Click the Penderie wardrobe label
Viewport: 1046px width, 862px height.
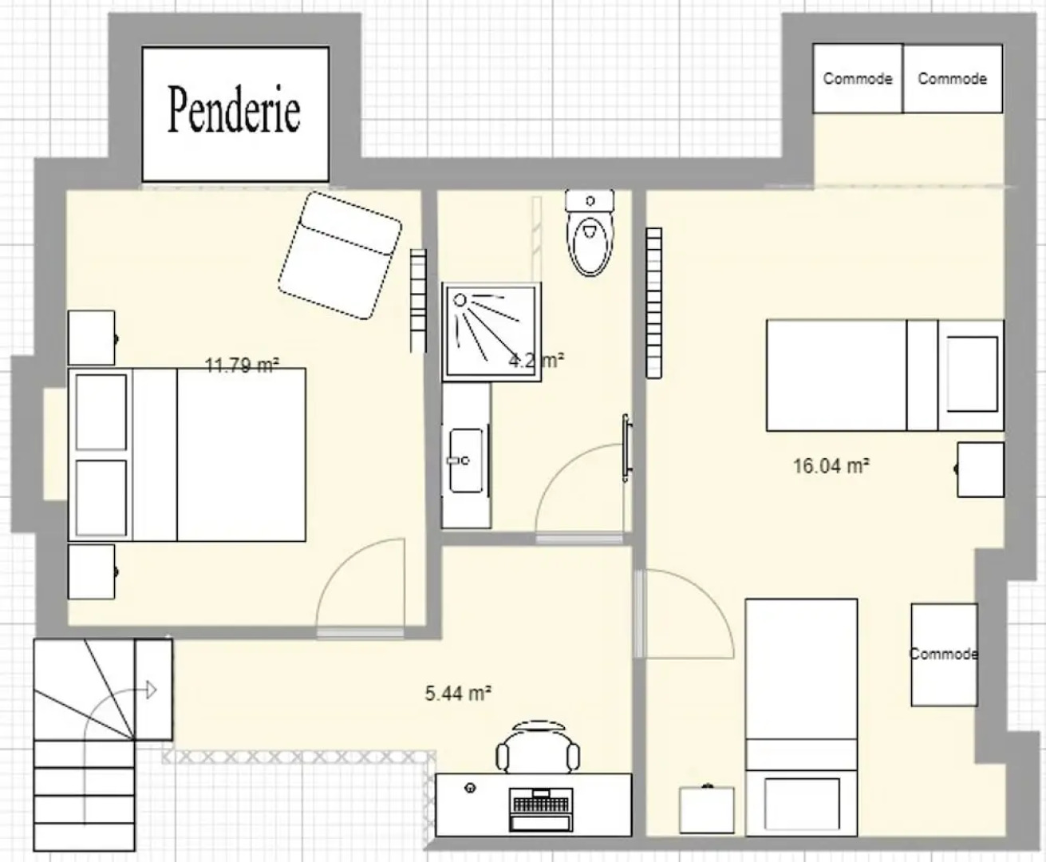[x=234, y=110]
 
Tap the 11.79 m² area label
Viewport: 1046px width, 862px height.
[x=241, y=366]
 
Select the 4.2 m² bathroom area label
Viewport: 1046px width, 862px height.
[x=536, y=360]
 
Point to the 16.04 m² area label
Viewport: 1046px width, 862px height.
[x=831, y=465]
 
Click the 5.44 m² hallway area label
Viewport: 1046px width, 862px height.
[x=457, y=693]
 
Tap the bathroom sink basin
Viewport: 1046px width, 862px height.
[x=465, y=461]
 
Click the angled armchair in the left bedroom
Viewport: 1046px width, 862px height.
[x=341, y=255]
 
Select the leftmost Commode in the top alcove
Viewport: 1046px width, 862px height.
[x=858, y=78]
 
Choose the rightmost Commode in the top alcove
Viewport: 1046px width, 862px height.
[x=952, y=78]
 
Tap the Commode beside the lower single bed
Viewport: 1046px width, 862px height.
[x=944, y=654]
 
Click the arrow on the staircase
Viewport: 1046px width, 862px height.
[x=150, y=690]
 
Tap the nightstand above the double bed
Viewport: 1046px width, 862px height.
[x=92, y=338]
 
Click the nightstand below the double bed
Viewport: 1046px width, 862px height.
[x=92, y=571]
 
